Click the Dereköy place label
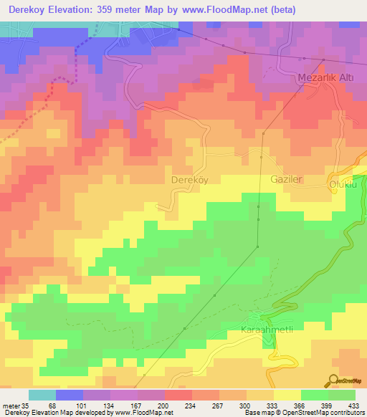pos(190,180)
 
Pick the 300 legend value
pos(245,406)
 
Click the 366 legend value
pos(300,406)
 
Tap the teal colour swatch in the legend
pos(42,395)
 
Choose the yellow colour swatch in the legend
pos(287,395)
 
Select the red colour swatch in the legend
pos(178,395)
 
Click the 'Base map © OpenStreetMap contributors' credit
pos(304,413)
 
